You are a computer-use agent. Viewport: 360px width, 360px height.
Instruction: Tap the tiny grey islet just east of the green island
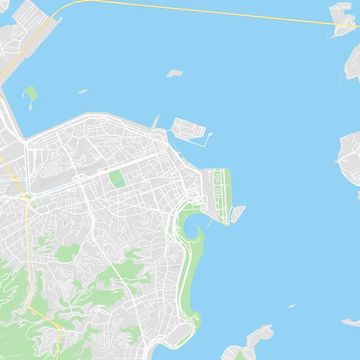pos(82,92)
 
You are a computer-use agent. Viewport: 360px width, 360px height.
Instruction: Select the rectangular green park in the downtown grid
pos(116,178)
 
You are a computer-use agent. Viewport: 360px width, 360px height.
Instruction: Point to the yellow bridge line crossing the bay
pos(198,11)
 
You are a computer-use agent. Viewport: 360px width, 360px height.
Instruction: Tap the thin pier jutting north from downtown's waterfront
pos(155,121)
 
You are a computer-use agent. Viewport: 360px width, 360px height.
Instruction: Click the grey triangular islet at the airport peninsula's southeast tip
pos(238,212)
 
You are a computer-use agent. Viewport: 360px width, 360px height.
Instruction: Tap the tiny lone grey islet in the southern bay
pos(291,307)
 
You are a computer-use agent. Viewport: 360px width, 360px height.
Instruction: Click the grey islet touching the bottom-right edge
pos(351,322)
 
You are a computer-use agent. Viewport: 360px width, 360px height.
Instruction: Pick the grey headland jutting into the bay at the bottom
pos(255,339)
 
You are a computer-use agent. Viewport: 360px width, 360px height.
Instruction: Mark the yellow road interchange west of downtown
pos(26,195)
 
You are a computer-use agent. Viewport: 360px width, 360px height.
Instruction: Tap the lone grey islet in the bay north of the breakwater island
pos(174,73)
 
